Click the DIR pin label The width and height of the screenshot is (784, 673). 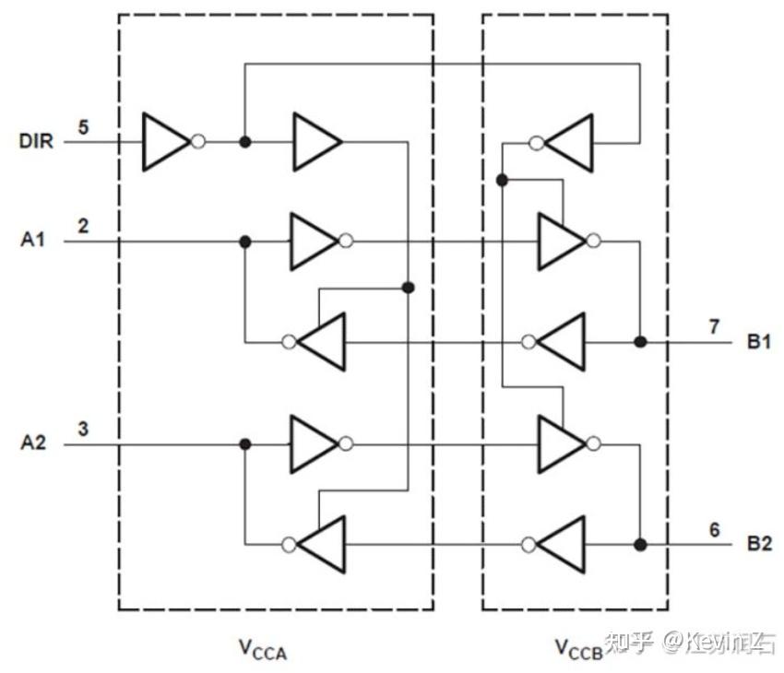click(36, 142)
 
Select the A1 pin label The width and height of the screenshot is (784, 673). click(33, 241)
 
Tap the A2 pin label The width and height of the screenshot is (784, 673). click(33, 443)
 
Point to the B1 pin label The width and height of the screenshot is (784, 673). click(759, 342)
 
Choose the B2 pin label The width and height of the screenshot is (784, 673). click(759, 544)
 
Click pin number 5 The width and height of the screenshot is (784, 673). click(83, 126)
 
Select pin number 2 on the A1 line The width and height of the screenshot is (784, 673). click(83, 225)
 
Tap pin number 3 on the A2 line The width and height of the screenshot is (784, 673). click(83, 428)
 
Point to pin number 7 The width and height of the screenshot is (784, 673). click(713, 326)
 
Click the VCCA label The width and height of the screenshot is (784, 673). click(264, 650)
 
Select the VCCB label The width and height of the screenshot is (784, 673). click(578, 650)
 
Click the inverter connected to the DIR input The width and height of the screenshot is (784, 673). click(167, 142)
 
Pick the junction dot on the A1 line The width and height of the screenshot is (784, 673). click(244, 241)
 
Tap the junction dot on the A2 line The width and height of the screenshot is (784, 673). click(244, 443)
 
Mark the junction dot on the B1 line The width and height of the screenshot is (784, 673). click(640, 342)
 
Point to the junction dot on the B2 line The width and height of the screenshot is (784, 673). click(640, 544)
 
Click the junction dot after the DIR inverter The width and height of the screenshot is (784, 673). click(244, 142)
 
